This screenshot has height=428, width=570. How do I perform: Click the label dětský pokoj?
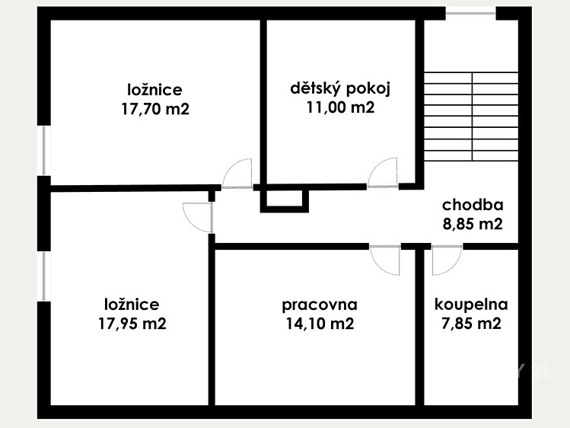coord(340,88)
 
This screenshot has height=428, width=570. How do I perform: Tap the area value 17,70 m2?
coord(155,108)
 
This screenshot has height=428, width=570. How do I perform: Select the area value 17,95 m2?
coord(132,323)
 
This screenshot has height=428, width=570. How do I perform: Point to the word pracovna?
coord(320,305)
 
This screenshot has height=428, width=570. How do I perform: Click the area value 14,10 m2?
coord(320,323)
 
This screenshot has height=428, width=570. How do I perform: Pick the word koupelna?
coord(471,305)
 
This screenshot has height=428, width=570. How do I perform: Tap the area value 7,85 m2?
coord(471,323)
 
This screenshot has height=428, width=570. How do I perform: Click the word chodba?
coord(473,205)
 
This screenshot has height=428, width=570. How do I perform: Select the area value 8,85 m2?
coord(473,224)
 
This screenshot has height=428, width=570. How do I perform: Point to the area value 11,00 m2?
coord(340,107)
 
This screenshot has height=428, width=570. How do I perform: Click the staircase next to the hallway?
coord(471,117)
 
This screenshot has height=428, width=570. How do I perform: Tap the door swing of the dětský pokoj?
coord(383,173)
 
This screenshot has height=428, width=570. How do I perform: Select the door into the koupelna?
coord(447,260)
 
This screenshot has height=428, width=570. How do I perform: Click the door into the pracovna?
coord(385,260)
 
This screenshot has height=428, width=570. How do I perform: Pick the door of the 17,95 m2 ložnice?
coord(198,218)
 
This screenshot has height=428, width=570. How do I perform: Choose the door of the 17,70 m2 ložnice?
coord(237,174)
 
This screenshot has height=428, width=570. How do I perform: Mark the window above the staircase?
coord(471,14)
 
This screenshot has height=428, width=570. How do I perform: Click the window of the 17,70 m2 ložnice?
coord(44,151)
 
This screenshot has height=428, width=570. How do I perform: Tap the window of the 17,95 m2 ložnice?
coord(44,276)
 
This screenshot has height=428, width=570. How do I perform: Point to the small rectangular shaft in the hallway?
coord(285,201)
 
